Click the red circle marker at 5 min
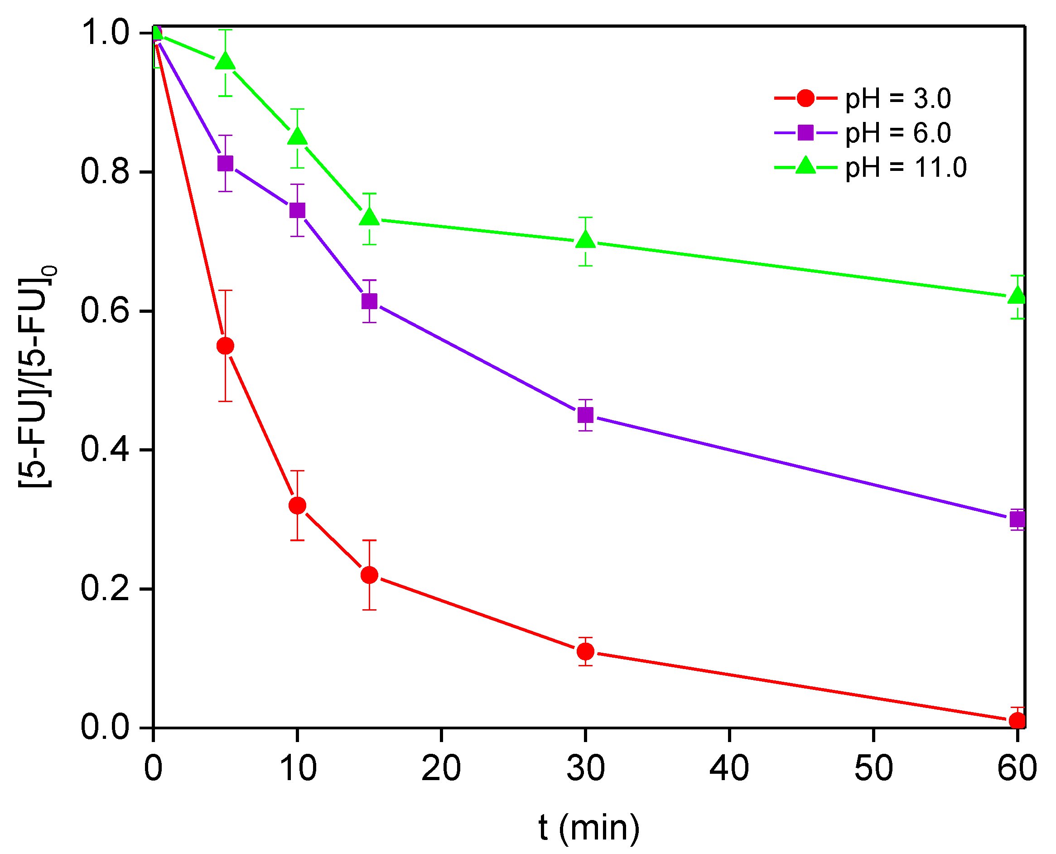225,346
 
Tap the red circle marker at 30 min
585,652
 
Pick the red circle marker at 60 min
1017,721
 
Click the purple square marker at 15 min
369,301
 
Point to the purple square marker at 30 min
585,415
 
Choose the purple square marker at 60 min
1017,519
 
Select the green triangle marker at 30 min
585,240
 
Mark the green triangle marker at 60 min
1017,296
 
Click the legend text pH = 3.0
898,99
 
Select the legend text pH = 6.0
898,133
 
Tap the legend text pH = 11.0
906,167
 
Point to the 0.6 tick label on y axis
104,311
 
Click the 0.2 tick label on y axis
104,588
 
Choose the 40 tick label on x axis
729,768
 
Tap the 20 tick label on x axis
441,768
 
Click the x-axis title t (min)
589,827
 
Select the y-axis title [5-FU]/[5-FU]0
37,376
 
